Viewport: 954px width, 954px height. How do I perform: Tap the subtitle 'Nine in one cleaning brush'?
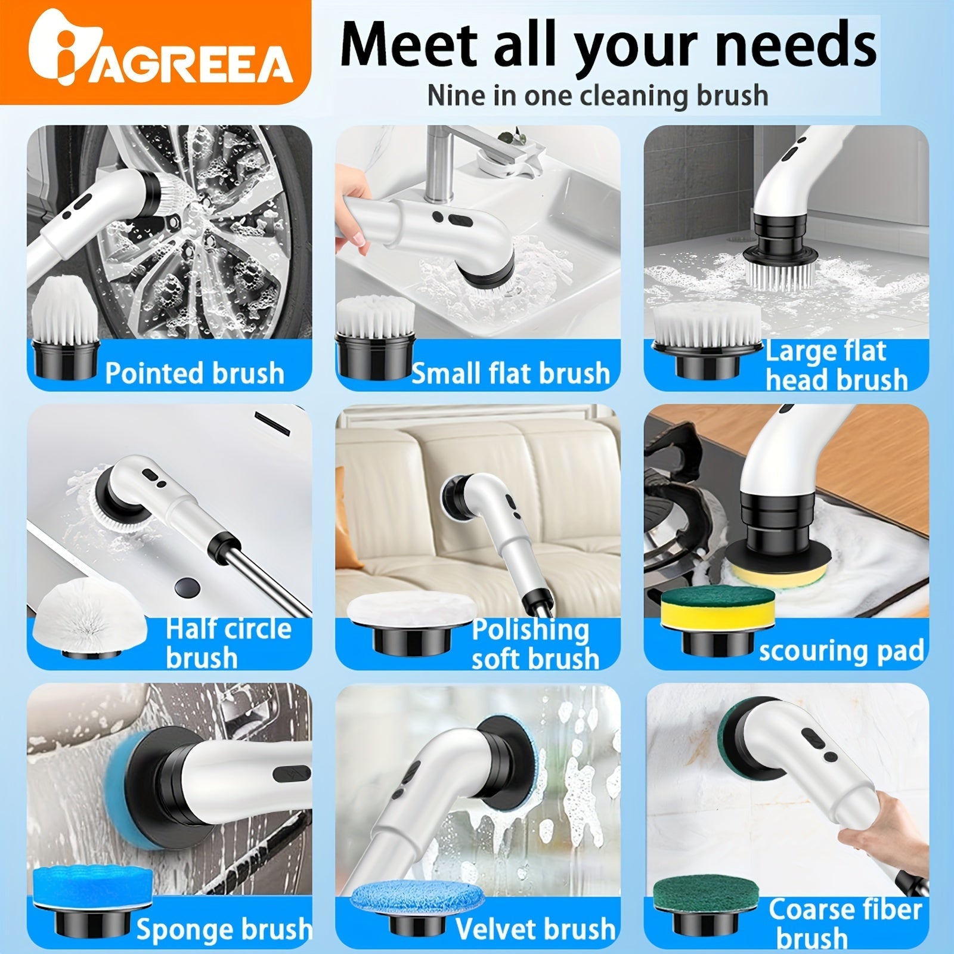[x=598, y=96]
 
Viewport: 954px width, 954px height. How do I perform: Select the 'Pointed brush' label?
[x=195, y=373]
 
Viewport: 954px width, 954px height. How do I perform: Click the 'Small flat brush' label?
[x=511, y=373]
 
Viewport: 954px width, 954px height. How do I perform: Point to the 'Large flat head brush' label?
[x=836, y=365]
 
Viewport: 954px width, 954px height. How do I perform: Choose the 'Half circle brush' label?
[x=228, y=643]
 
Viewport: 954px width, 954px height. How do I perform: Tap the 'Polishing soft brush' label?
[x=535, y=643]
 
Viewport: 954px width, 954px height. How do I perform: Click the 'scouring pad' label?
[x=841, y=651]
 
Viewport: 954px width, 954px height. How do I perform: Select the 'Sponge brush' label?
[x=224, y=929]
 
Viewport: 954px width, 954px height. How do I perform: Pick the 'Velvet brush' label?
[x=535, y=929]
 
